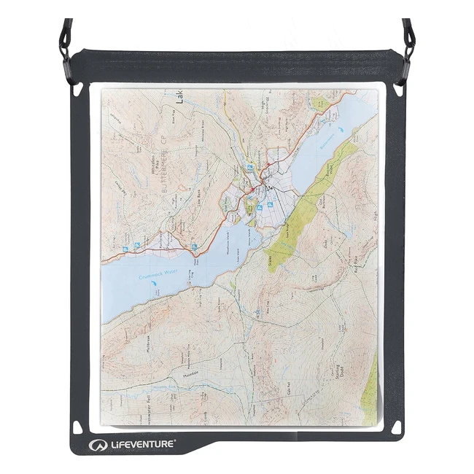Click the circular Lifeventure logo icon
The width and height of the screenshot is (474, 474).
95,442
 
